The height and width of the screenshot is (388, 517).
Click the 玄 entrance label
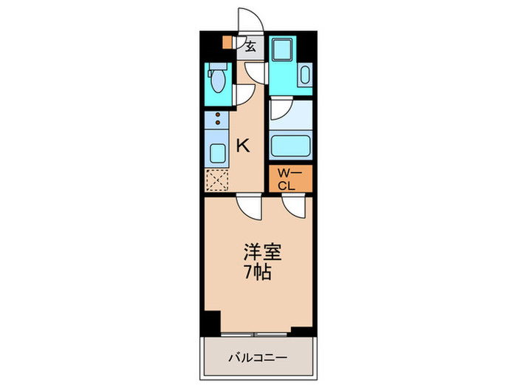tap(251, 47)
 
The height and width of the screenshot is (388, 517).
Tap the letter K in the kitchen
tap(242, 146)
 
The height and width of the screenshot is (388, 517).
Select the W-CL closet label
tap(290, 180)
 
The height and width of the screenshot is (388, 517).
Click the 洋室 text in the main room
tap(259, 252)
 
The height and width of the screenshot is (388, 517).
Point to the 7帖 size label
tap(258, 272)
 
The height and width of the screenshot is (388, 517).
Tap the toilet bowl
tap(218, 78)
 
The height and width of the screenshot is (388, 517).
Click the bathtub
tap(290, 145)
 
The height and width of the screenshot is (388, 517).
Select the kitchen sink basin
tap(218, 154)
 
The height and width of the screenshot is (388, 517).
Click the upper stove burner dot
tap(217, 115)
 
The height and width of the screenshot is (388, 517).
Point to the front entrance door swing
tap(247, 20)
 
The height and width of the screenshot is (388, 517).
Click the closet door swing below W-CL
tap(292, 205)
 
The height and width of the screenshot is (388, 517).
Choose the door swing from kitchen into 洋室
tap(249, 205)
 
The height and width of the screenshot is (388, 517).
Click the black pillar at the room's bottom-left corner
tap(212, 323)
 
